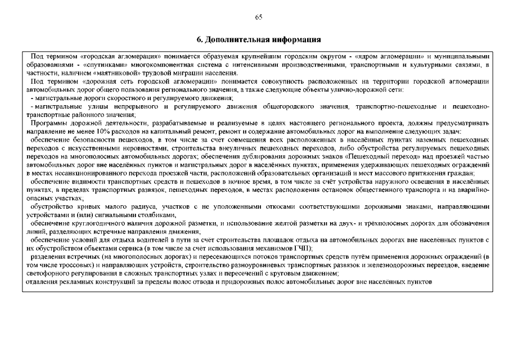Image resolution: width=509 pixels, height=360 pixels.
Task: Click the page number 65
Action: point(258,17)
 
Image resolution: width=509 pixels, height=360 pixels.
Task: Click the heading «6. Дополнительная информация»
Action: point(259,40)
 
